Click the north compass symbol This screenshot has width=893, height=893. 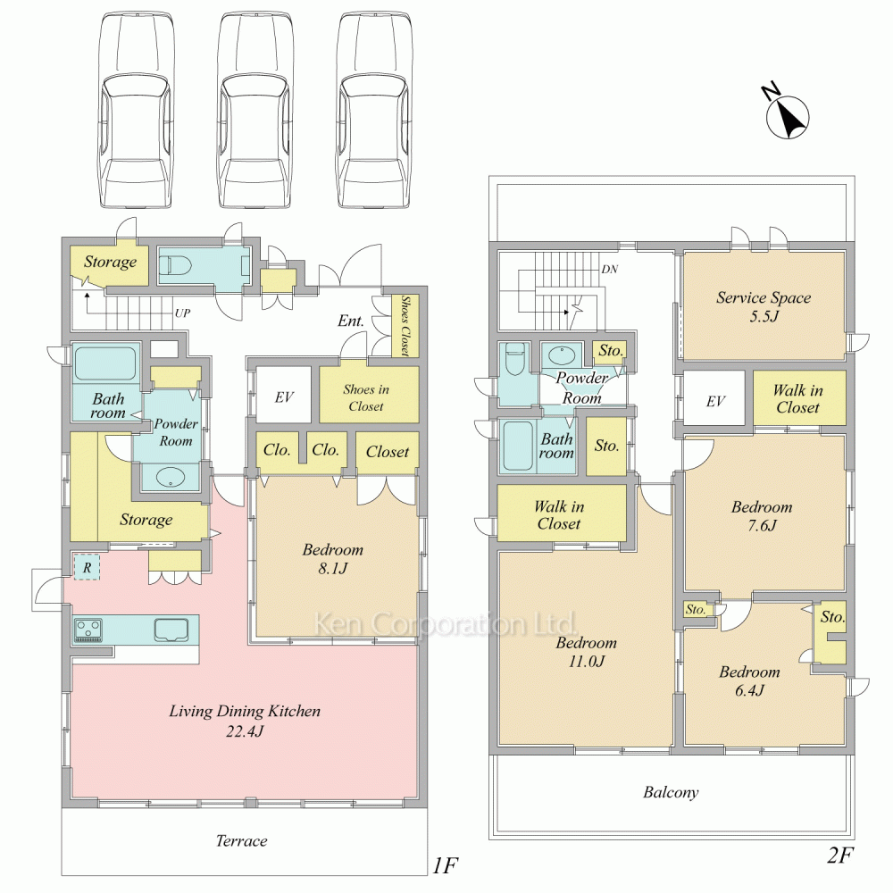[x=787, y=115]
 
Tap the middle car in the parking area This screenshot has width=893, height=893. [x=255, y=110]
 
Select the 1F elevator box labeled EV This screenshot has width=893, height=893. [x=284, y=394]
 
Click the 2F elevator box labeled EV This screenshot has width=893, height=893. [x=714, y=397]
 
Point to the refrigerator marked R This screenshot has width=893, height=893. [x=88, y=567]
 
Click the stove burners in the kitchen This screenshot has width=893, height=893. [x=88, y=630]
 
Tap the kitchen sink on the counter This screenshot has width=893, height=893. [x=171, y=630]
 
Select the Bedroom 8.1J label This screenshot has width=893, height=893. [x=333, y=559]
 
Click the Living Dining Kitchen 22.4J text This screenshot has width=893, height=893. [x=245, y=721]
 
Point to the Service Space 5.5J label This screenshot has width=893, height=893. [x=764, y=306]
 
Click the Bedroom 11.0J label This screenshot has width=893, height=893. [x=586, y=652]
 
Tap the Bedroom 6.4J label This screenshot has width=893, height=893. [x=749, y=680]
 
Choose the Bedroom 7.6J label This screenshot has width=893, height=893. [x=762, y=515]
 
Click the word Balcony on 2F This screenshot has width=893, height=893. [x=671, y=792]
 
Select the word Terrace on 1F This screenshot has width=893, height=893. [x=241, y=840]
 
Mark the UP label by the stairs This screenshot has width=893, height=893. [x=182, y=313]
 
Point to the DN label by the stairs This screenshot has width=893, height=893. [x=609, y=269]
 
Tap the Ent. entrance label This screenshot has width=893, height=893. [x=350, y=321]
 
